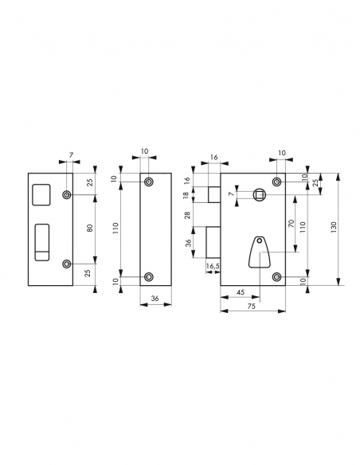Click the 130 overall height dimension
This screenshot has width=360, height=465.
point(342,228)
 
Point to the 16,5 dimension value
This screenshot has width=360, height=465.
point(213,264)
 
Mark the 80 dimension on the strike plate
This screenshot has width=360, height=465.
point(90,228)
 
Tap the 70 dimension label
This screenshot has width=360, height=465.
point(292,225)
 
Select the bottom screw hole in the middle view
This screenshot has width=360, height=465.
point(148,276)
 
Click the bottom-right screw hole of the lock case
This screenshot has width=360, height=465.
point(276,276)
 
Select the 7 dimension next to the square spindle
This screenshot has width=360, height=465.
point(231,193)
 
